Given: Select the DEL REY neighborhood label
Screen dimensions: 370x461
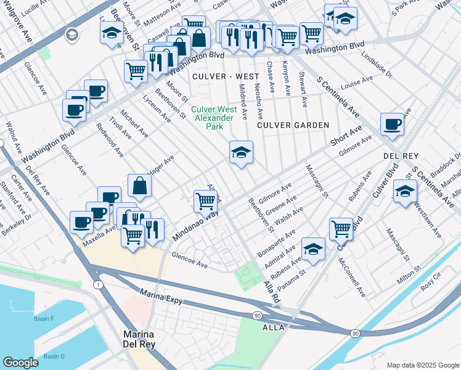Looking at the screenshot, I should (x=401, y=156).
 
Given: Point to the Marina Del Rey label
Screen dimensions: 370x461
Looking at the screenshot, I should (x=137, y=340).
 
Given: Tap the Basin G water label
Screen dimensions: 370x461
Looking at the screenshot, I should (x=55, y=356).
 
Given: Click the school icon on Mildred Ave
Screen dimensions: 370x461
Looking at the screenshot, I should (x=241, y=153).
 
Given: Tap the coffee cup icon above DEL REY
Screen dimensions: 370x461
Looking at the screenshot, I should (x=392, y=125).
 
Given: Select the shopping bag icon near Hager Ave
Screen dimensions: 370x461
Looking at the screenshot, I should (x=140, y=186).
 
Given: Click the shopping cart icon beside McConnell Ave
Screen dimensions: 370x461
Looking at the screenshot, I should (x=340, y=228).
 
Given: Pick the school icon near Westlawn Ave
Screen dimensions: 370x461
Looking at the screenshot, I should (x=404, y=191).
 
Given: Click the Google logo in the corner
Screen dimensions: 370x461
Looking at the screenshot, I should (x=21, y=363).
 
